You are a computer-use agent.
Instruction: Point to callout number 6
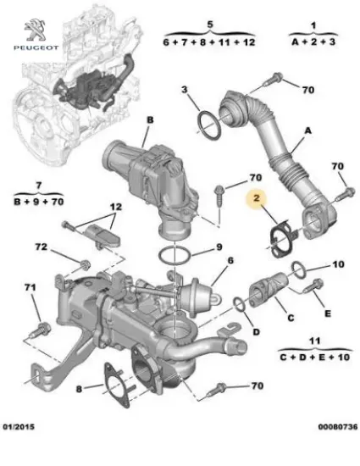coord(230,262)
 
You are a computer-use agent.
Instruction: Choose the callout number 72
coord(40,247)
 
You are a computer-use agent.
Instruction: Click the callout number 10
coord(338,264)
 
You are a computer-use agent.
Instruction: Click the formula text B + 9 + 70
coord(38,201)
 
